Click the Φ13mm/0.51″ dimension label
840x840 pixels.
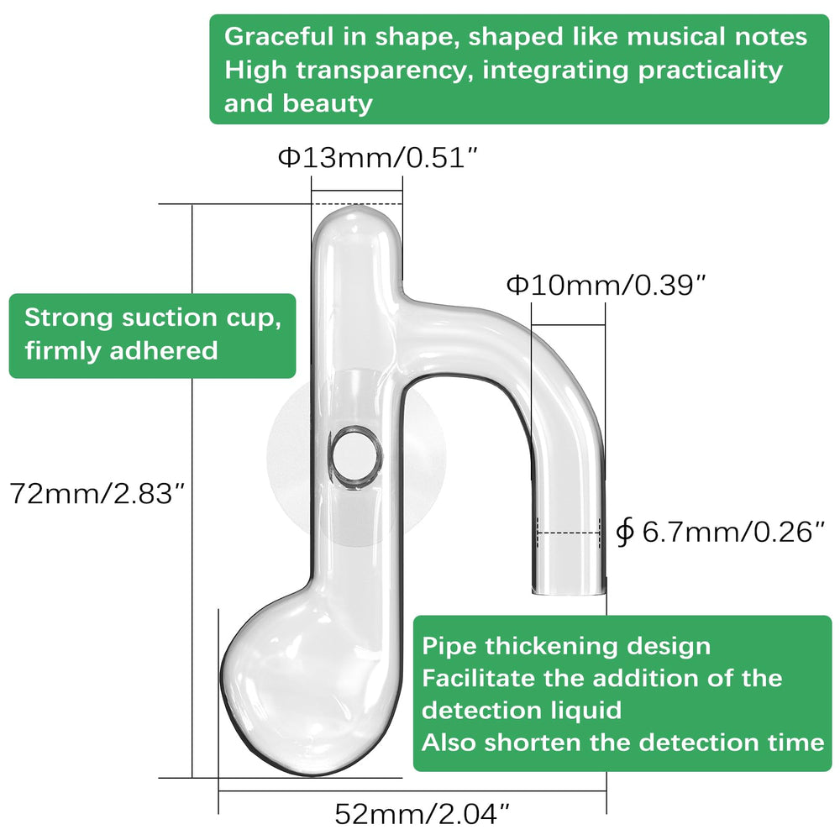[377, 158]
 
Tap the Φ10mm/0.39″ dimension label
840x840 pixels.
[606, 285]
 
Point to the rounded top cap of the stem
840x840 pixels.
[356, 225]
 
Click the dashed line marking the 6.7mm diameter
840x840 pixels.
[569, 533]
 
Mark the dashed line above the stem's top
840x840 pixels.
[357, 204]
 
